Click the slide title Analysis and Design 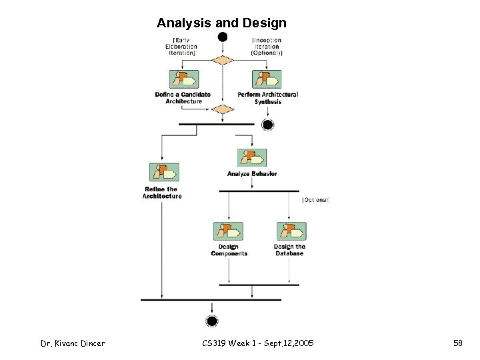221,23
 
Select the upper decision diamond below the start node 223,60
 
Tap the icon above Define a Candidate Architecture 183,79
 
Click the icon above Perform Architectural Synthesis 267,79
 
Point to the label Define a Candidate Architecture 183,97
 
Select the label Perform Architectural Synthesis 268,97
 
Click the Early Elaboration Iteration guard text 181,46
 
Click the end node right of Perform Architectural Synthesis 268,125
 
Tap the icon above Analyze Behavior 252,158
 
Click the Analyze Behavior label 252,174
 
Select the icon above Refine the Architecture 163,172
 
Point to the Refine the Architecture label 162,193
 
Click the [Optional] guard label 316,199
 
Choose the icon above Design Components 229,231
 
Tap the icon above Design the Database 291,231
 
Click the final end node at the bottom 212,321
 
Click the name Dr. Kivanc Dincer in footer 73,343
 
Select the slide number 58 458,343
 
